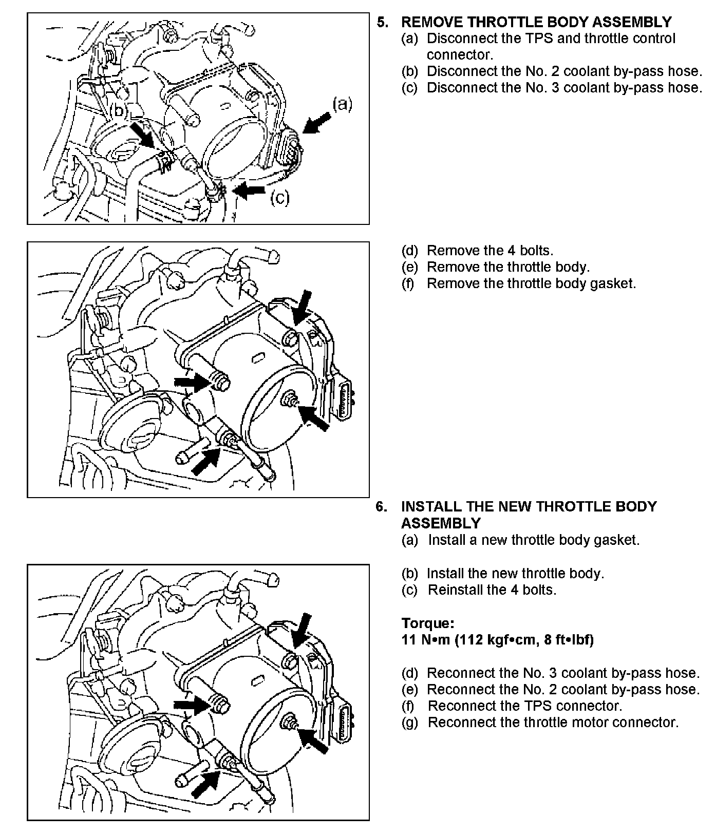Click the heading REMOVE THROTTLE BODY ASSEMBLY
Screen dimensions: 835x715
point(536,22)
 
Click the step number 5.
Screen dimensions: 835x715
point(382,22)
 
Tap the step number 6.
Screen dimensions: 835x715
point(381,506)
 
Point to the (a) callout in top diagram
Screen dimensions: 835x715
point(342,104)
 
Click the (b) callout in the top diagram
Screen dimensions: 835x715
point(118,110)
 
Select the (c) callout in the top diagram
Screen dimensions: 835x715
point(280,197)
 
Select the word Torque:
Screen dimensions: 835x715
point(427,623)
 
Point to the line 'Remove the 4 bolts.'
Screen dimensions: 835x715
point(490,251)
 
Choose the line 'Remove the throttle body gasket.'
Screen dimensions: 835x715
point(531,283)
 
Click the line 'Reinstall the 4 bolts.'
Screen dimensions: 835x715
point(492,590)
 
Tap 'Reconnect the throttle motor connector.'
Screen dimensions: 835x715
point(553,722)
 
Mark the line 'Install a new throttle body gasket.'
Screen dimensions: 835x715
point(534,540)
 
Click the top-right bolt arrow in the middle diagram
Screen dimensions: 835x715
point(302,306)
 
